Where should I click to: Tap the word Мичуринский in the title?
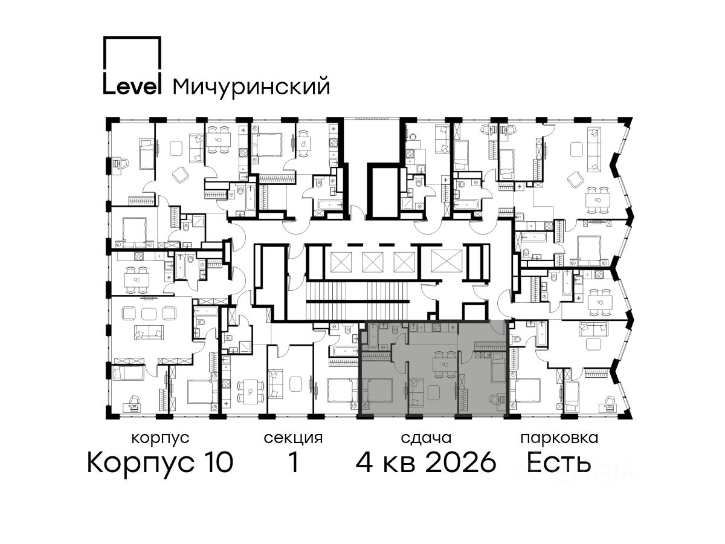click(x=251, y=87)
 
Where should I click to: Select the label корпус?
click(x=161, y=439)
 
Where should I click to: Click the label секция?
click(x=293, y=439)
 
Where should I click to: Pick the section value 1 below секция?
click(x=293, y=462)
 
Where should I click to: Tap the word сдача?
click(x=426, y=439)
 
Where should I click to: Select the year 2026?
click(x=461, y=462)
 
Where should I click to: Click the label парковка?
click(x=559, y=439)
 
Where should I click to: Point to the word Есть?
click(x=558, y=462)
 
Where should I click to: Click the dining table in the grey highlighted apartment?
click(x=445, y=364)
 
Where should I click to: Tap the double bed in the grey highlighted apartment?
click(x=377, y=392)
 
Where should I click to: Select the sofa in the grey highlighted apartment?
click(x=414, y=392)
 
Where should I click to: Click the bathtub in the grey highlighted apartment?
click(x=372, y=335)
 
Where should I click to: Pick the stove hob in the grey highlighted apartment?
click(x=437, y=328)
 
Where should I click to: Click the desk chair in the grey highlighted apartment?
click(x=494, y=400)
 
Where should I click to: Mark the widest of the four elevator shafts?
click(x=446, y=261)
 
